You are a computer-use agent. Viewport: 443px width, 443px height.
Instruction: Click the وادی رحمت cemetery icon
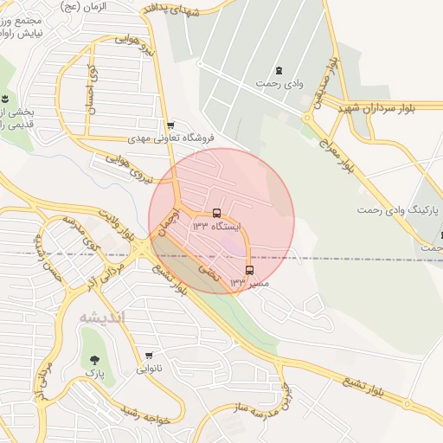[279, 70]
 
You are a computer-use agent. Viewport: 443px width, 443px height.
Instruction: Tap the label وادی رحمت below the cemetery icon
[278, 84]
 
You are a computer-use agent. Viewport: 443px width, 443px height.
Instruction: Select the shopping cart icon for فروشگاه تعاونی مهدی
[170, 125]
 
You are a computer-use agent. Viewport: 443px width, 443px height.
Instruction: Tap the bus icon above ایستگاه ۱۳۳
[216, 213]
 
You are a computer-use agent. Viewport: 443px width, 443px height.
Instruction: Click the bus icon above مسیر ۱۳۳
[249, 270]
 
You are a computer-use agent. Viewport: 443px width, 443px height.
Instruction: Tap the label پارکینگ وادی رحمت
[399, 210]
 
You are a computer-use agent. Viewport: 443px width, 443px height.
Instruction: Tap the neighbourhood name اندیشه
[102, 317]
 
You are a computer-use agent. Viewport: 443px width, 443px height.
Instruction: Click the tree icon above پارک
[94, 360]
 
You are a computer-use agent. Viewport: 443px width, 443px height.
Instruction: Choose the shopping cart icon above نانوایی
[149, 356]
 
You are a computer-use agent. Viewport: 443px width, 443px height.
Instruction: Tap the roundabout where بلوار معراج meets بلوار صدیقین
[306, 118]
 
